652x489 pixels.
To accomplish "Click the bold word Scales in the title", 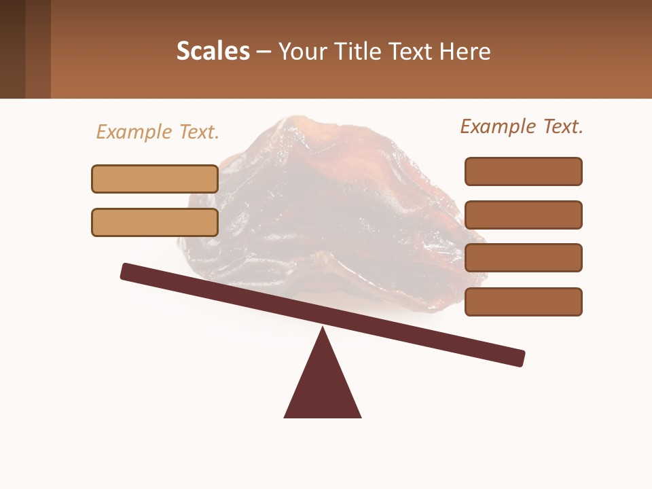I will point(213,51).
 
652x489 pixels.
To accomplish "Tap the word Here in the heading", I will point(465,51).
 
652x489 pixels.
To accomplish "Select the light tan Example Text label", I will point(158,132).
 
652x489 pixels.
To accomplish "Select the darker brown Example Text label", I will point(522,126).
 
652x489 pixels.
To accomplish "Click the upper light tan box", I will point(155,179).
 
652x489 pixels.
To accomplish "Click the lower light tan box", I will point(155,222).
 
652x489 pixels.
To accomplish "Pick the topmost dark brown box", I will point(523,171).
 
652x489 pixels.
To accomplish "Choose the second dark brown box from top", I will point(523,215).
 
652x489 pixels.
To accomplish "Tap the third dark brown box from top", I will point(523,257).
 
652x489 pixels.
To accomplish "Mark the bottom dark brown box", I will point(523,302).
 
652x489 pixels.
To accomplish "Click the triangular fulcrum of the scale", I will point(323,387).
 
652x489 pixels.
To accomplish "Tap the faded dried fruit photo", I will point(333,204).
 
